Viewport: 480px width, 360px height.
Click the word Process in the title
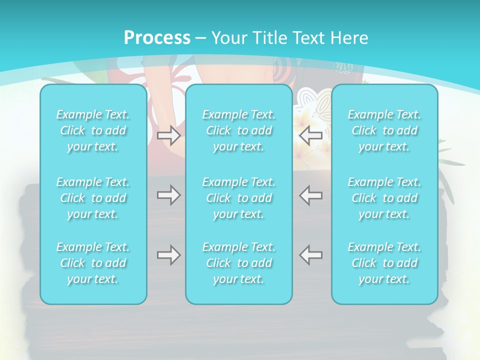(157, 38)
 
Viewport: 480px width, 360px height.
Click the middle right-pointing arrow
(168, 195)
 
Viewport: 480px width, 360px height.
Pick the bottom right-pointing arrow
(168, 255)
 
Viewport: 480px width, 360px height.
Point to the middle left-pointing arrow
(310, 195)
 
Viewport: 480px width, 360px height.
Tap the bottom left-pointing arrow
(310, 255)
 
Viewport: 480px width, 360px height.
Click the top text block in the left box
(93, 130)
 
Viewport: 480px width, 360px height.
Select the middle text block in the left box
(93, 198)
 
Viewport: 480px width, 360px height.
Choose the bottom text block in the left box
(93, 263)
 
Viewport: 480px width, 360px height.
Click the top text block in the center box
(239, 130)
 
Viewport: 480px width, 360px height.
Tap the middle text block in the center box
(239, 198)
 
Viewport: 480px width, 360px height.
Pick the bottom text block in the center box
(239, 263)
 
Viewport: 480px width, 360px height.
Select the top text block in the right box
(384, 130)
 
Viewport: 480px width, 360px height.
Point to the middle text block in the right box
(384, 198)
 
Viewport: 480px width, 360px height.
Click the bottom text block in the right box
(384, 263)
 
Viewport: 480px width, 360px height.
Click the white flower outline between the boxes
(312, 100)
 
